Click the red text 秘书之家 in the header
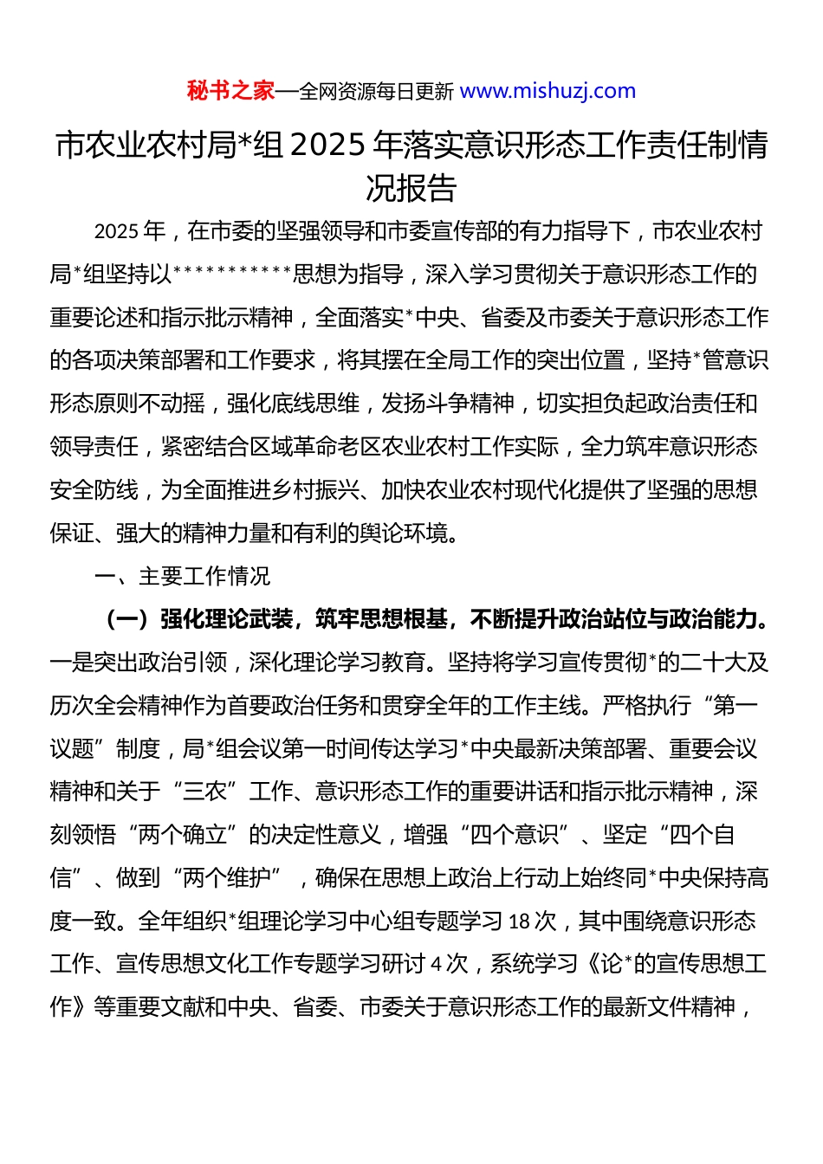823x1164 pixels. [230, 91]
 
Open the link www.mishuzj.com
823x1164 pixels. [548, 91]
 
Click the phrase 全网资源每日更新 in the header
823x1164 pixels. [376, 92]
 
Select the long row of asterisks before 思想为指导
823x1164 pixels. [233, 275]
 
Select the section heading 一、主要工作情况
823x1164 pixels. [182, 577]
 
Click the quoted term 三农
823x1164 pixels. [204, 792]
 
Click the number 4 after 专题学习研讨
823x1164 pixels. [437, 964]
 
